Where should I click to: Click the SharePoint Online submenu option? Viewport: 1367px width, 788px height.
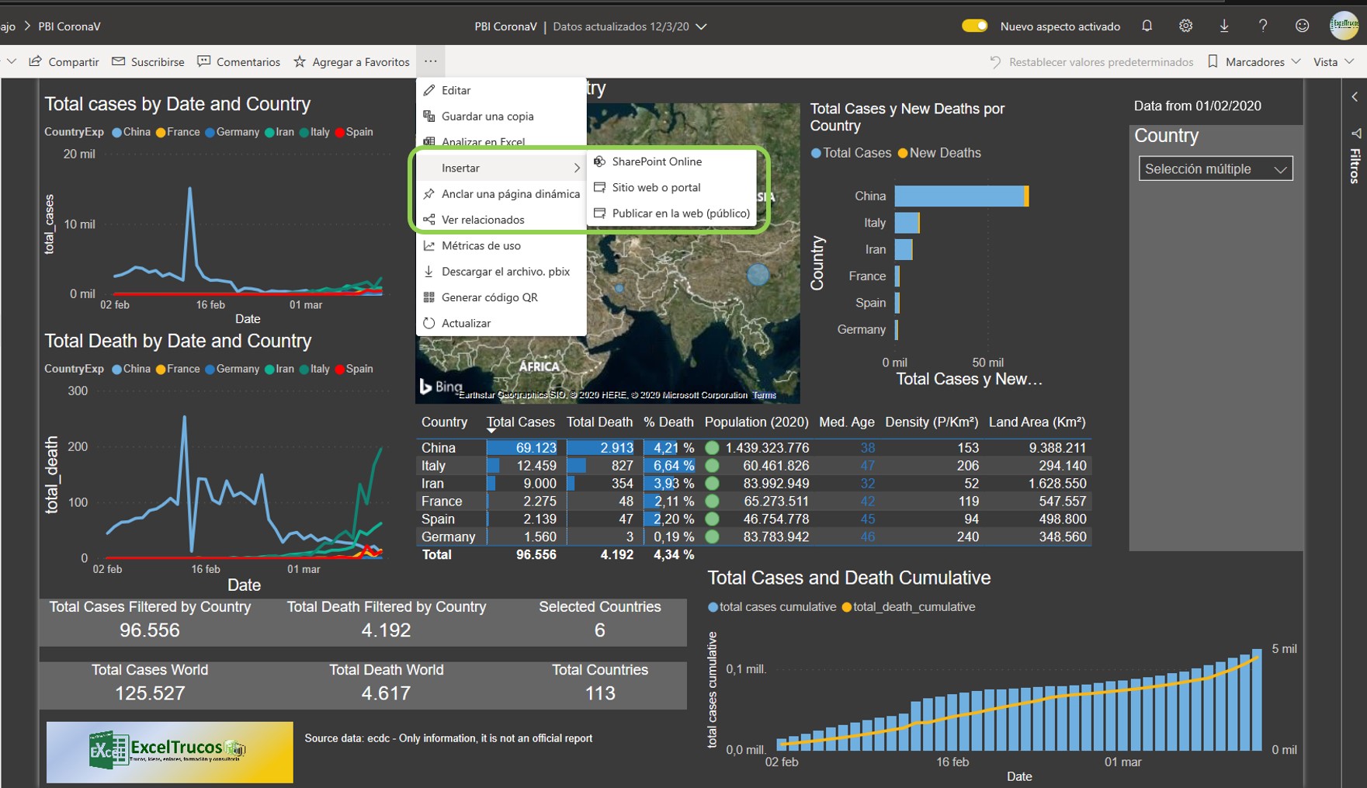tap(656, 161)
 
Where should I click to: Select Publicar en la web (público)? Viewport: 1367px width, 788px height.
tap(680, 213)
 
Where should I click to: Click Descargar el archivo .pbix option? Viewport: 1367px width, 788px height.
tap(505, 272)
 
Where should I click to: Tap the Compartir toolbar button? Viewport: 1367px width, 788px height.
tap(64, 62)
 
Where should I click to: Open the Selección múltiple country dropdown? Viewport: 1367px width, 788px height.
tap(1215, 169)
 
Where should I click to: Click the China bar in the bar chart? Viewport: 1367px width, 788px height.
tap(959, 196)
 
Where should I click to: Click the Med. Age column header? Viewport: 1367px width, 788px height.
tap(846, 422)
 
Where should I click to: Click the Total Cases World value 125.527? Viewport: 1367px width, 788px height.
tap(150, 693)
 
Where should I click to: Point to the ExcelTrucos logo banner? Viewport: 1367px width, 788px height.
tap(169, 752)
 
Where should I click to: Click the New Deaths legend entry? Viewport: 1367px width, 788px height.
tap(944, 154)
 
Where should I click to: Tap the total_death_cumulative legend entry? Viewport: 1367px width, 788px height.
tap(913, 607)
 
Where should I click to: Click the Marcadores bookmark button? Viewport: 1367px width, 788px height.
tap(1254, 62)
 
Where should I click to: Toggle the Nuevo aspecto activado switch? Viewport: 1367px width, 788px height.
tap(974, 26)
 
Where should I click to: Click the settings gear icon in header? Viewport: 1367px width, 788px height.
tap(1185, 26)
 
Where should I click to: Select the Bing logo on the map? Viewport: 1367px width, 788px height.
tap(441, 386)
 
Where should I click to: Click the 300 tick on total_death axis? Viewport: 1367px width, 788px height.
tap(78, 391)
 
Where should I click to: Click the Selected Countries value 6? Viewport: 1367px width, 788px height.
tap(599, 630)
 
